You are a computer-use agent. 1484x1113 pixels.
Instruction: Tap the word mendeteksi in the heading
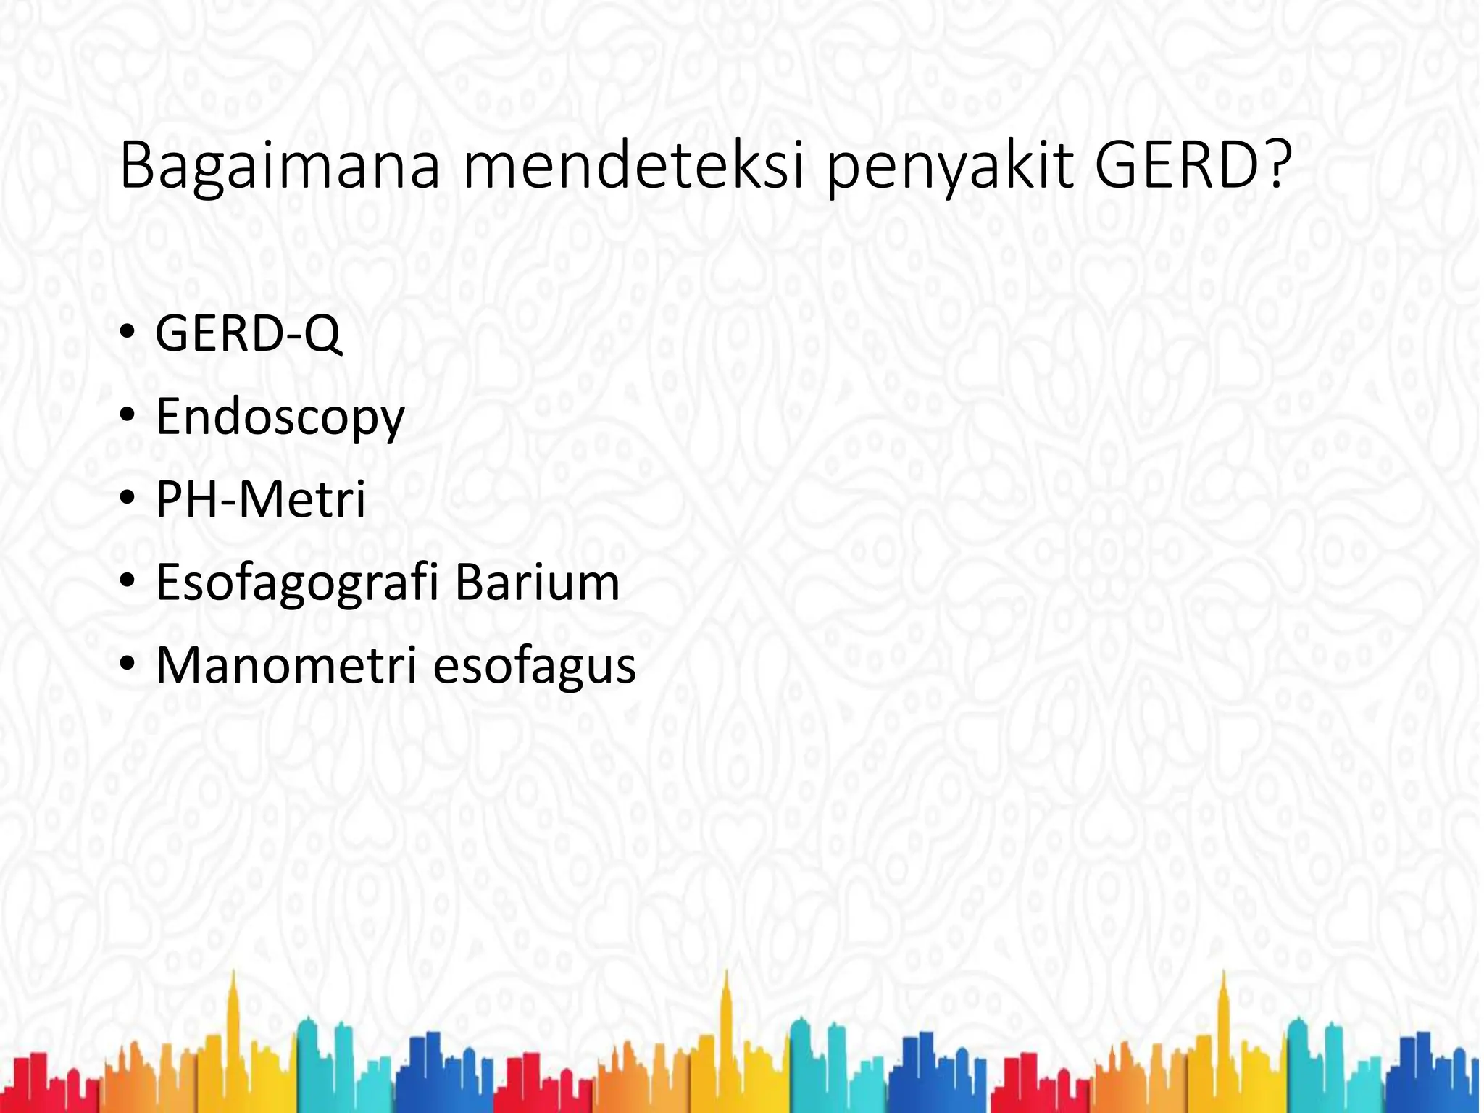pos(633,167)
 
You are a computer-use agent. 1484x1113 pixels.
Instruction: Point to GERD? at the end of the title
pos(1193,167)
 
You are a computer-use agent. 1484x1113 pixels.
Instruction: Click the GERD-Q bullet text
pos(248,334)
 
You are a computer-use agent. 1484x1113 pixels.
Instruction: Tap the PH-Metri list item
pos(260,500)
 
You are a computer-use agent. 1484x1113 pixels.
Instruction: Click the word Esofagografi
pos(297,583)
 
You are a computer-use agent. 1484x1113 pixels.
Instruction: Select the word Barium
pos(537,583)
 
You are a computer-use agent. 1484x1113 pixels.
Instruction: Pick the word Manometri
pos(286,665)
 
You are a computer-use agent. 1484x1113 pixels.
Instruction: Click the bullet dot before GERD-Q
pos(127,334)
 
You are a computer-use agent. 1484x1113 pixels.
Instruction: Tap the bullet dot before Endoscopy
pos(127,416)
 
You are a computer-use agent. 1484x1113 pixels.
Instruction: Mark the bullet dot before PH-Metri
pos(127,499)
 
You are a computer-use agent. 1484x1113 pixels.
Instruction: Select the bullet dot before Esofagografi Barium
pos(127,581)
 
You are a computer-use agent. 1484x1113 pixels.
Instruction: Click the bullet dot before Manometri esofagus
pos(127,664)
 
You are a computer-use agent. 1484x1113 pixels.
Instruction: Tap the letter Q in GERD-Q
pos(320,335)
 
